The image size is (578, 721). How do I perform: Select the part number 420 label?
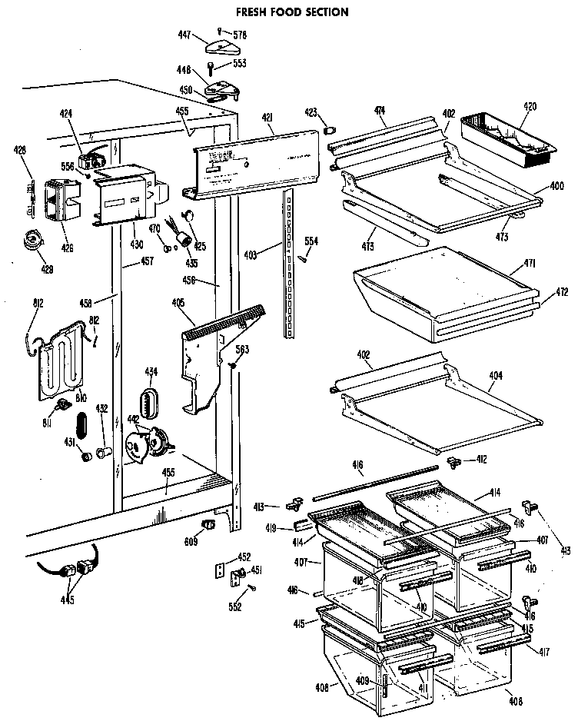[x=530, y=107]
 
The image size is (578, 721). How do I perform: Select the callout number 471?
[x=530, y=264]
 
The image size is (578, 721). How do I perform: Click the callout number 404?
[x=497, y=376]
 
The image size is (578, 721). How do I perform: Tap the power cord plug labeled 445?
[x=77, y=572]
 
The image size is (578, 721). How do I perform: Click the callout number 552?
[x=235, y=607]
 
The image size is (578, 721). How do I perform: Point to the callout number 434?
[x=151, y=372]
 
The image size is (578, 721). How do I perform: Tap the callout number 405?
[x=178, y=302]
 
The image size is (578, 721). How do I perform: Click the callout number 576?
[x=240, y=35]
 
